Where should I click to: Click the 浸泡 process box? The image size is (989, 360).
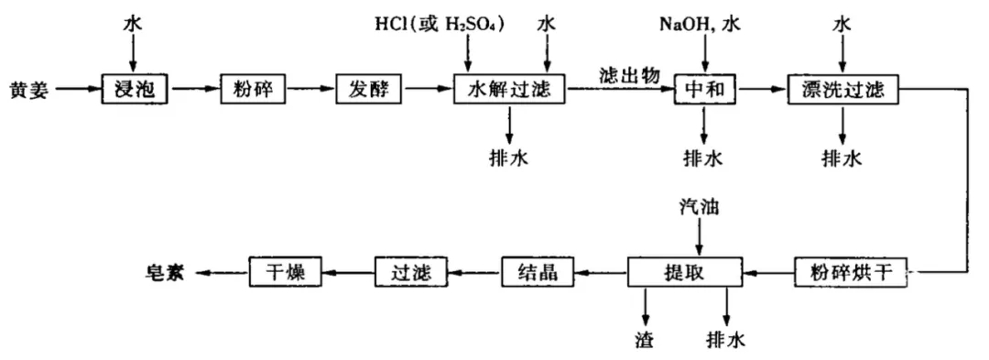[135, 89]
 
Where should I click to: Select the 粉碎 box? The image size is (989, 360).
[247, 89]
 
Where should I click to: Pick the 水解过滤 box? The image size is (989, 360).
[509, 89]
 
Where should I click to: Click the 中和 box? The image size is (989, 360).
[705, 89]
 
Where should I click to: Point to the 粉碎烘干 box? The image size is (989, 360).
[851, 272]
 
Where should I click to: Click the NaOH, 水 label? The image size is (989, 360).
[698, 23]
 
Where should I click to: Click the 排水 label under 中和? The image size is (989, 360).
[703, 158]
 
